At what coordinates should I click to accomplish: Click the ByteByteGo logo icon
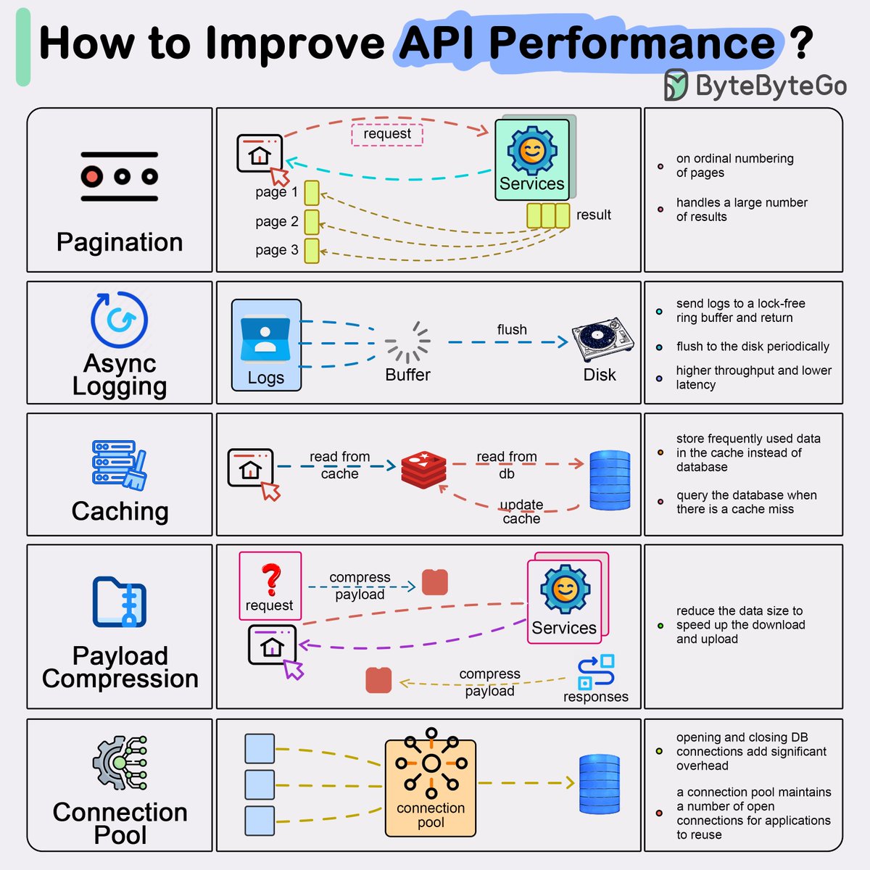click(x=676, y=86)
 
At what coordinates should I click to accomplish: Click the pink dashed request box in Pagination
click(x=387, y=134)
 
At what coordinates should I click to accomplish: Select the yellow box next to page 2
click(x=312, y=222)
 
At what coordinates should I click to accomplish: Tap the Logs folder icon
click(x=265, y=336)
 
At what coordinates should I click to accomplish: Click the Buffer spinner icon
click(x=407, y=341)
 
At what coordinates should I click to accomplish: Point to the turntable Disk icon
click(x=601, y=339)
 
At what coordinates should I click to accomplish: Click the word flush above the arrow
click(x=512, y=329)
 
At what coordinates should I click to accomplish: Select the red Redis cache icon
click(x=424, y=470)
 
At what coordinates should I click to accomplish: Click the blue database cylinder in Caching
click(x=610, y=480)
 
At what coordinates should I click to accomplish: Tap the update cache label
click(x=521, y=511)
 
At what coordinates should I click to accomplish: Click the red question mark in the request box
click(x=271, y=579)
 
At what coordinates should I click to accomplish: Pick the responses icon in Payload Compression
click(x=596, y=672)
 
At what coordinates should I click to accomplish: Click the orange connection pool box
click(x=431, y=787)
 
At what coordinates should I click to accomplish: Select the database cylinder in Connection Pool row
click(x=600, y=784)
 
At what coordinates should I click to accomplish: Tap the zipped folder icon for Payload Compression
click(x=120, y=602)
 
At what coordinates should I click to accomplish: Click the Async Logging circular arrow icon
click(x=120, y=320)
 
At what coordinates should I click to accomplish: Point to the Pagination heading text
click(x=120, y=242)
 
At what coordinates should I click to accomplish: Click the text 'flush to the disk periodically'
click(x=753, y=347)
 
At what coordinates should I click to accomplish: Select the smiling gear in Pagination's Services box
click(x=532, y=151)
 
